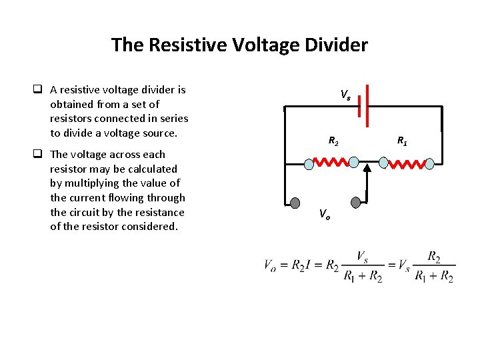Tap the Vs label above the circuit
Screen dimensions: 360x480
345,95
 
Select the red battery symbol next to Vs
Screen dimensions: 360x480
363,105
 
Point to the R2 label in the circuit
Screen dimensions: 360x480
333,141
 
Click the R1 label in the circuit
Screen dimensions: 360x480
402,141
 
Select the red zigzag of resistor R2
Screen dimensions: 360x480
331,162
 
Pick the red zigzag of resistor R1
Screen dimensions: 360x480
407,163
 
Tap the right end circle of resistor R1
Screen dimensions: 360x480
430,163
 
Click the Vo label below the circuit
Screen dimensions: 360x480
324,214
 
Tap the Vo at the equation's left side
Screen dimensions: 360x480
270,265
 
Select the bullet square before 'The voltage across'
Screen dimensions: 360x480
39,155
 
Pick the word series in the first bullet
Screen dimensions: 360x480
173,119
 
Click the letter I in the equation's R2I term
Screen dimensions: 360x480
311,265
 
